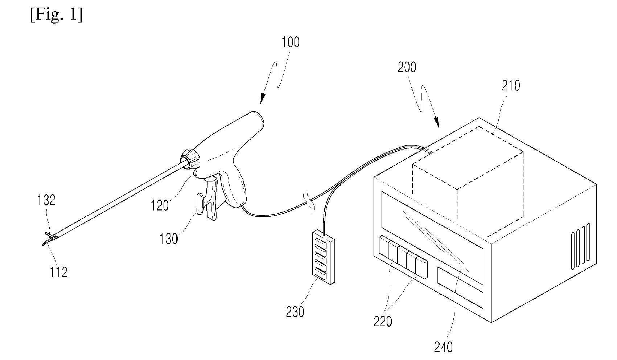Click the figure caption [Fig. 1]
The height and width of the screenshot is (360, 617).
coord(56,15)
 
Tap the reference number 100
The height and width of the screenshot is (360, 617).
coord(291,42)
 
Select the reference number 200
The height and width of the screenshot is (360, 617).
coord(407,67)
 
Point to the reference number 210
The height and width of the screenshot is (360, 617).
coord(511,86)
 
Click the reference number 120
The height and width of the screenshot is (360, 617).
coord(160,205)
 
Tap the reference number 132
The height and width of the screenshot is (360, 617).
coord(46,200)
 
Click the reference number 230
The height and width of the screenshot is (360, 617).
coord(295,312)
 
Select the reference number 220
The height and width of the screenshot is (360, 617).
coord(383,321)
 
